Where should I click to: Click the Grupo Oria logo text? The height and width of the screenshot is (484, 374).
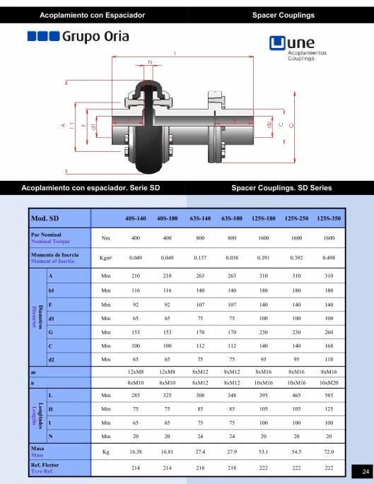(x=95, y=37)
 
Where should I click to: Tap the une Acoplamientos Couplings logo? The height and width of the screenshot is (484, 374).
(x=298, y=48)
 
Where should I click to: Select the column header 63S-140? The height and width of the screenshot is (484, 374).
(x=200, y=218)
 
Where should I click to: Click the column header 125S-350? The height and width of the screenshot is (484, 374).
(x=329, y=218)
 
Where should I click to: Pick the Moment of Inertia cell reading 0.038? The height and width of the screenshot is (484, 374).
(x=232, y=258)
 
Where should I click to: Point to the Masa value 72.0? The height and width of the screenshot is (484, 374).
(x=329, y=451)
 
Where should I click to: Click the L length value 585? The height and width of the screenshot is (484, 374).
(x=329, y=395)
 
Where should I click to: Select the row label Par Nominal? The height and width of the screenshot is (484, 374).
(x=46, y=235)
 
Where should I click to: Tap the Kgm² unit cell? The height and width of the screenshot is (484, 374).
(x=105, y=258)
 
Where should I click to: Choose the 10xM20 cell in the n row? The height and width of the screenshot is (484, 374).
(x=329, y=383)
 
